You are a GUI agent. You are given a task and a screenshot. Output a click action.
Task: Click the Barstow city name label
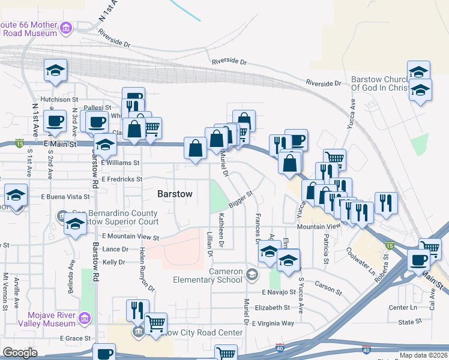tap(175, 194)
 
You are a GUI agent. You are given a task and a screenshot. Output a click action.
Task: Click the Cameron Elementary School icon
tap(252, 275)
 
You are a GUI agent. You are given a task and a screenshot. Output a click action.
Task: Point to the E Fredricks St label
tap(122, 179)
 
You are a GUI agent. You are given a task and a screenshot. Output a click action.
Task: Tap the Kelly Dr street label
tap(113, 262)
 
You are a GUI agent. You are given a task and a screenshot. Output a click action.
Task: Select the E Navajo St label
tap(279, 292)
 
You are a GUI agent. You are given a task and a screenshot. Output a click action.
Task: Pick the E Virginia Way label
tap(273, 323)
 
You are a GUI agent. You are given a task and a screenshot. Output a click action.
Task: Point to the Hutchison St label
tap(59, 100)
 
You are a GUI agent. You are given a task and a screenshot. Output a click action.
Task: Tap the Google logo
tap(20, 352)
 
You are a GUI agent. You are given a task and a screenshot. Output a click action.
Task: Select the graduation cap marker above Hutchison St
tap(55, 70)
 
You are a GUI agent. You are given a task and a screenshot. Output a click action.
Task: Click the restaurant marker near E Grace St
tap(137, 310)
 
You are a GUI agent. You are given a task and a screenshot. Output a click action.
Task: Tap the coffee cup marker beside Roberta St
tap(418, 259)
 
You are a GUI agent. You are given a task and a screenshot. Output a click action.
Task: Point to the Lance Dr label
tap(116, 249)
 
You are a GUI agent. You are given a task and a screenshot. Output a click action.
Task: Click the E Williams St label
tap(120, 163)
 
